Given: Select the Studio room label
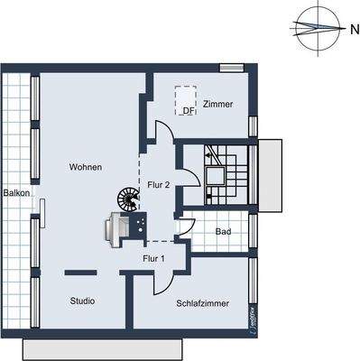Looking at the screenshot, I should [82, 301].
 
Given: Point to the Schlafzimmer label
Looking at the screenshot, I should [202, 304].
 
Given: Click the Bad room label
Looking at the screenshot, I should [223, 232].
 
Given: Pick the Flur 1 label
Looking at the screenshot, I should [153, 259].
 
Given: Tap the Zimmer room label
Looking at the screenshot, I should [217, 105].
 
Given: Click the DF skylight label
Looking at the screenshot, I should [188, 112].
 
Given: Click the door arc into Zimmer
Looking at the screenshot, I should [162, 135].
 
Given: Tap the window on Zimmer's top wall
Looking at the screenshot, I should [232, 67].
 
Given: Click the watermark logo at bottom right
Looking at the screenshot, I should [248, 320].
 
